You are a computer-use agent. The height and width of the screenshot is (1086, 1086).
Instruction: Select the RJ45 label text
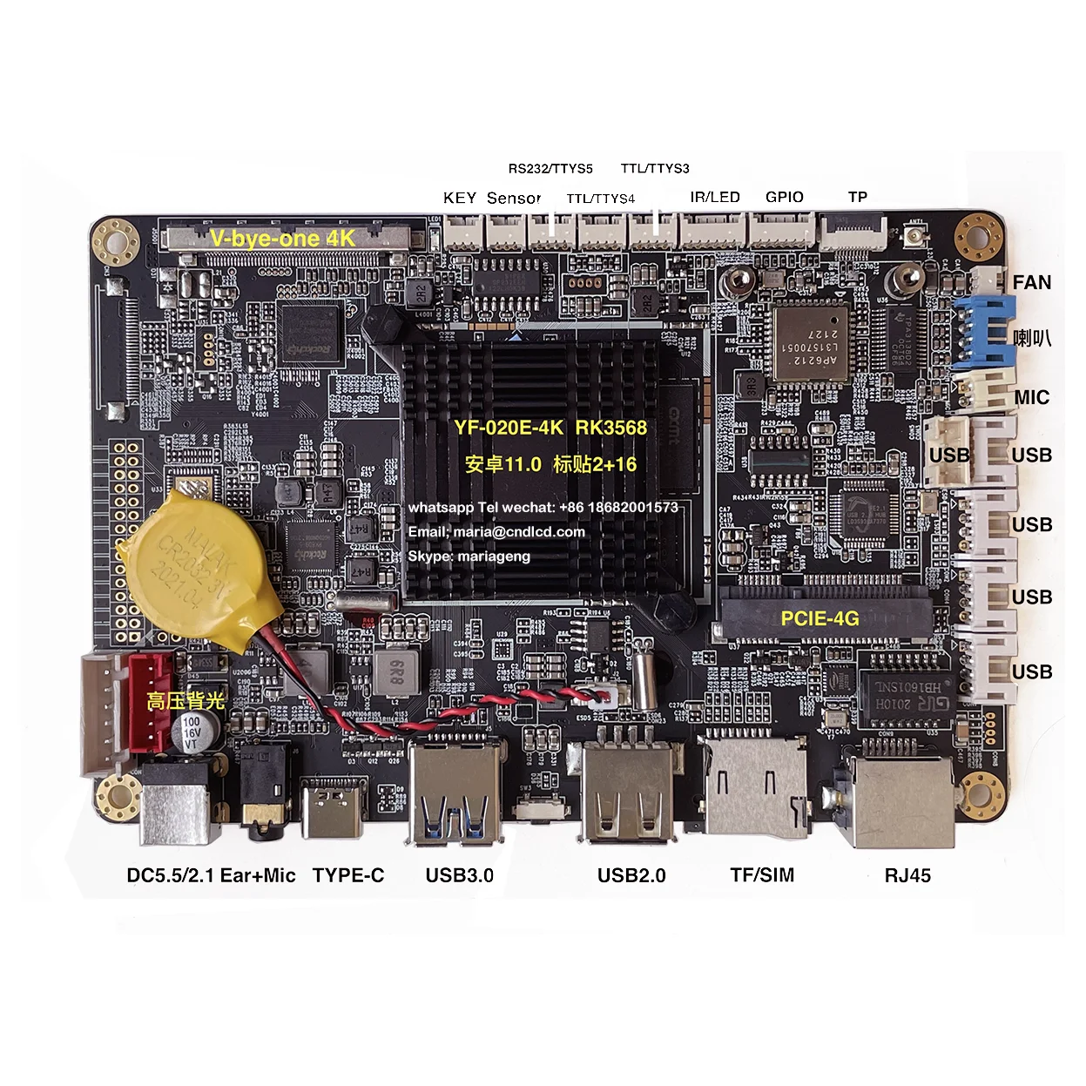click(x=907, y=875)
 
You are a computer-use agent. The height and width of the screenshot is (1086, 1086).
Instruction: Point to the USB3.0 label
click(x=459, y=875)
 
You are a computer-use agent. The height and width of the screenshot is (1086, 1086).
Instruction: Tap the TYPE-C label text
click(x=348, y=875)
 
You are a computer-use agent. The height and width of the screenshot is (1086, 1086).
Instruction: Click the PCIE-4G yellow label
click(x=820, y=618)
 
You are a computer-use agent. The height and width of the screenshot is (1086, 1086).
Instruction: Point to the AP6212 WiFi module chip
click(x=810, y=341)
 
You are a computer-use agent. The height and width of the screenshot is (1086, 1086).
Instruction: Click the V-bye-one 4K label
click(x=282, y=238)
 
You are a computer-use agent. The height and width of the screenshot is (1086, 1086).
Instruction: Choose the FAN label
click(x=1031, y=282)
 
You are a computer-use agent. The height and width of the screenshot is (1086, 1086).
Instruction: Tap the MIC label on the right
click(x=1031, y=397)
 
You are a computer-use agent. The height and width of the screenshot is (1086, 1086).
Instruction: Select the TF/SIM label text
click(x=762, y=875)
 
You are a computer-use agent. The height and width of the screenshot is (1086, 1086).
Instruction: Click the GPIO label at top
click(x=784, y=197)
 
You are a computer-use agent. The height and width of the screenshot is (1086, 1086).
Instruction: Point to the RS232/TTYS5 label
click(x=550, y=168)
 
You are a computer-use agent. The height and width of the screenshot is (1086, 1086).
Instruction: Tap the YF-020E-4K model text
click(x=509, y=428)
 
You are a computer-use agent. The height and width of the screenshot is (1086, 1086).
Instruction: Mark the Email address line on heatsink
click(x=496, y=531)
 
